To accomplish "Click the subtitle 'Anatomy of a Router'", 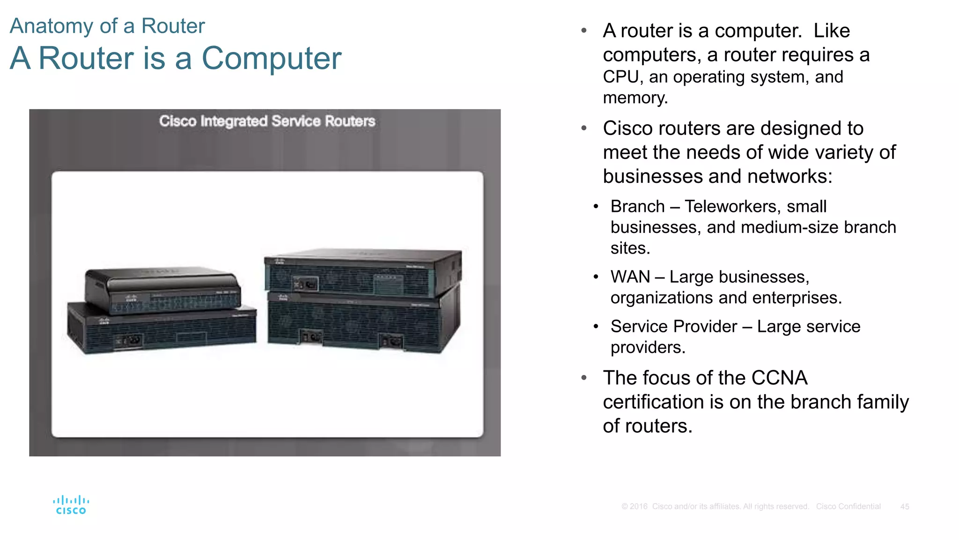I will pyautogui.click(x=107, y=26).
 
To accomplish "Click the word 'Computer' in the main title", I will pyautogui.click(x=271, y=59).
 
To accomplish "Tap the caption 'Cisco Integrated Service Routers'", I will pyautogui.click(x=267, y=121).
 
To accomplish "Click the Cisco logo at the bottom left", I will pyautogui.click(x=71, y=505).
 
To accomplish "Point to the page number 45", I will pyautogui.click(x=904, y=507).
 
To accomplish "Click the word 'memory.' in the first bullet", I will pyautogui.click(x=635, y=98).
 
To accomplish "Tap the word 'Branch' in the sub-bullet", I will pyautogui.click(x=637, y=207).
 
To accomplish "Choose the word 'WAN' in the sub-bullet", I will pyautogui.click(x=630, y=277).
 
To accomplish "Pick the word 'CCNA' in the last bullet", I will pyautogui.click(x=779, y=378).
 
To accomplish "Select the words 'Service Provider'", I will pyautogui.click(x=674, y=327).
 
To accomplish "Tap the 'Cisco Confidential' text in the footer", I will pyautogui.click(x=848, y=507).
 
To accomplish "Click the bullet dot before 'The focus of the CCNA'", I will pyautogui.click(x=584, y=378).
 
